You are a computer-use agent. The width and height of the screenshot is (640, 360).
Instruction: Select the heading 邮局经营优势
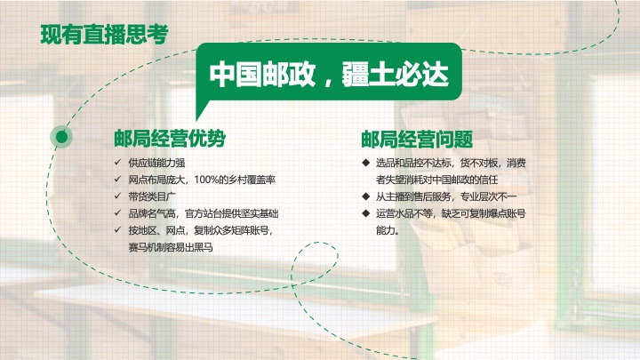(x=168, y=139)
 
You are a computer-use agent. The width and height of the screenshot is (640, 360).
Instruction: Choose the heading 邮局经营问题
(x=416, y=139)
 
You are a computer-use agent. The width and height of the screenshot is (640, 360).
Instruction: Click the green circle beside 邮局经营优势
(x=61, y=136)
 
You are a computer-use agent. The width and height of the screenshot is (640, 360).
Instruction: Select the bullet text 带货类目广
(x=152, y=196)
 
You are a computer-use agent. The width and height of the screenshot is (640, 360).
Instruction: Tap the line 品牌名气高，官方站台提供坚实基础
(x=204, y=213)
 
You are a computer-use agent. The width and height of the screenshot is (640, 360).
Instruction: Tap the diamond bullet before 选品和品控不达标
(x=364, y=163)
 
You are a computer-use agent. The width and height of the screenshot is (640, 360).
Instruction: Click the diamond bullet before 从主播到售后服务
(x=364, y=196)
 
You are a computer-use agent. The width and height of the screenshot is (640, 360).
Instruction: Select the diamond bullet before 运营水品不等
(x=364, y=213)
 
